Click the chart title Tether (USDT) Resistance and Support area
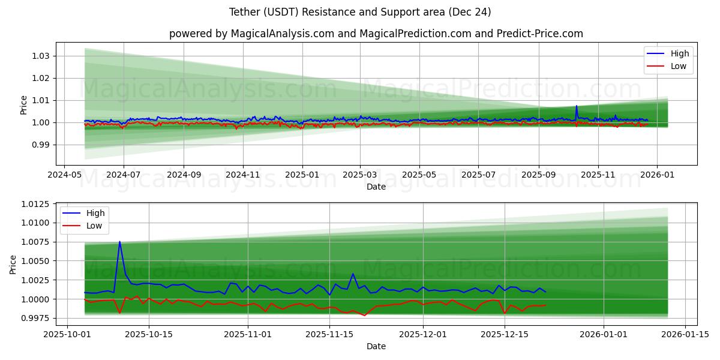[x=360, y=12]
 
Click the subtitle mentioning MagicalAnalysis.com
[x=376, y=34]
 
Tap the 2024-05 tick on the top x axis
[x=64, y=175]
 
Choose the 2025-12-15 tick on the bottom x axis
[x=504, y=334]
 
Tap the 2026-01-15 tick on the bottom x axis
[x=684, y=334]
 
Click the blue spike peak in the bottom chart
[x=119, y=242]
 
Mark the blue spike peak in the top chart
[x=577, y=106]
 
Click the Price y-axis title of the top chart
[x=23, y=104]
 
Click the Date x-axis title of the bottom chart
[x=376, y=346]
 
